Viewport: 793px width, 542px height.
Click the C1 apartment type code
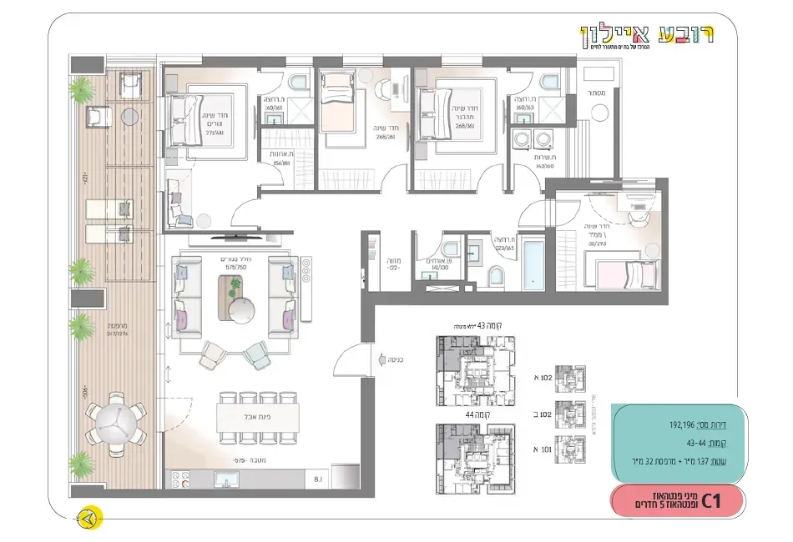711,501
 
